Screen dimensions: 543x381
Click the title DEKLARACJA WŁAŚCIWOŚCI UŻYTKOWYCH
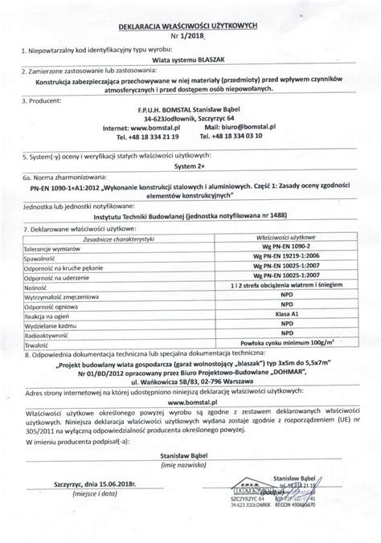click(190, 26)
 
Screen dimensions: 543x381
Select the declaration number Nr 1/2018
click(190, 36)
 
